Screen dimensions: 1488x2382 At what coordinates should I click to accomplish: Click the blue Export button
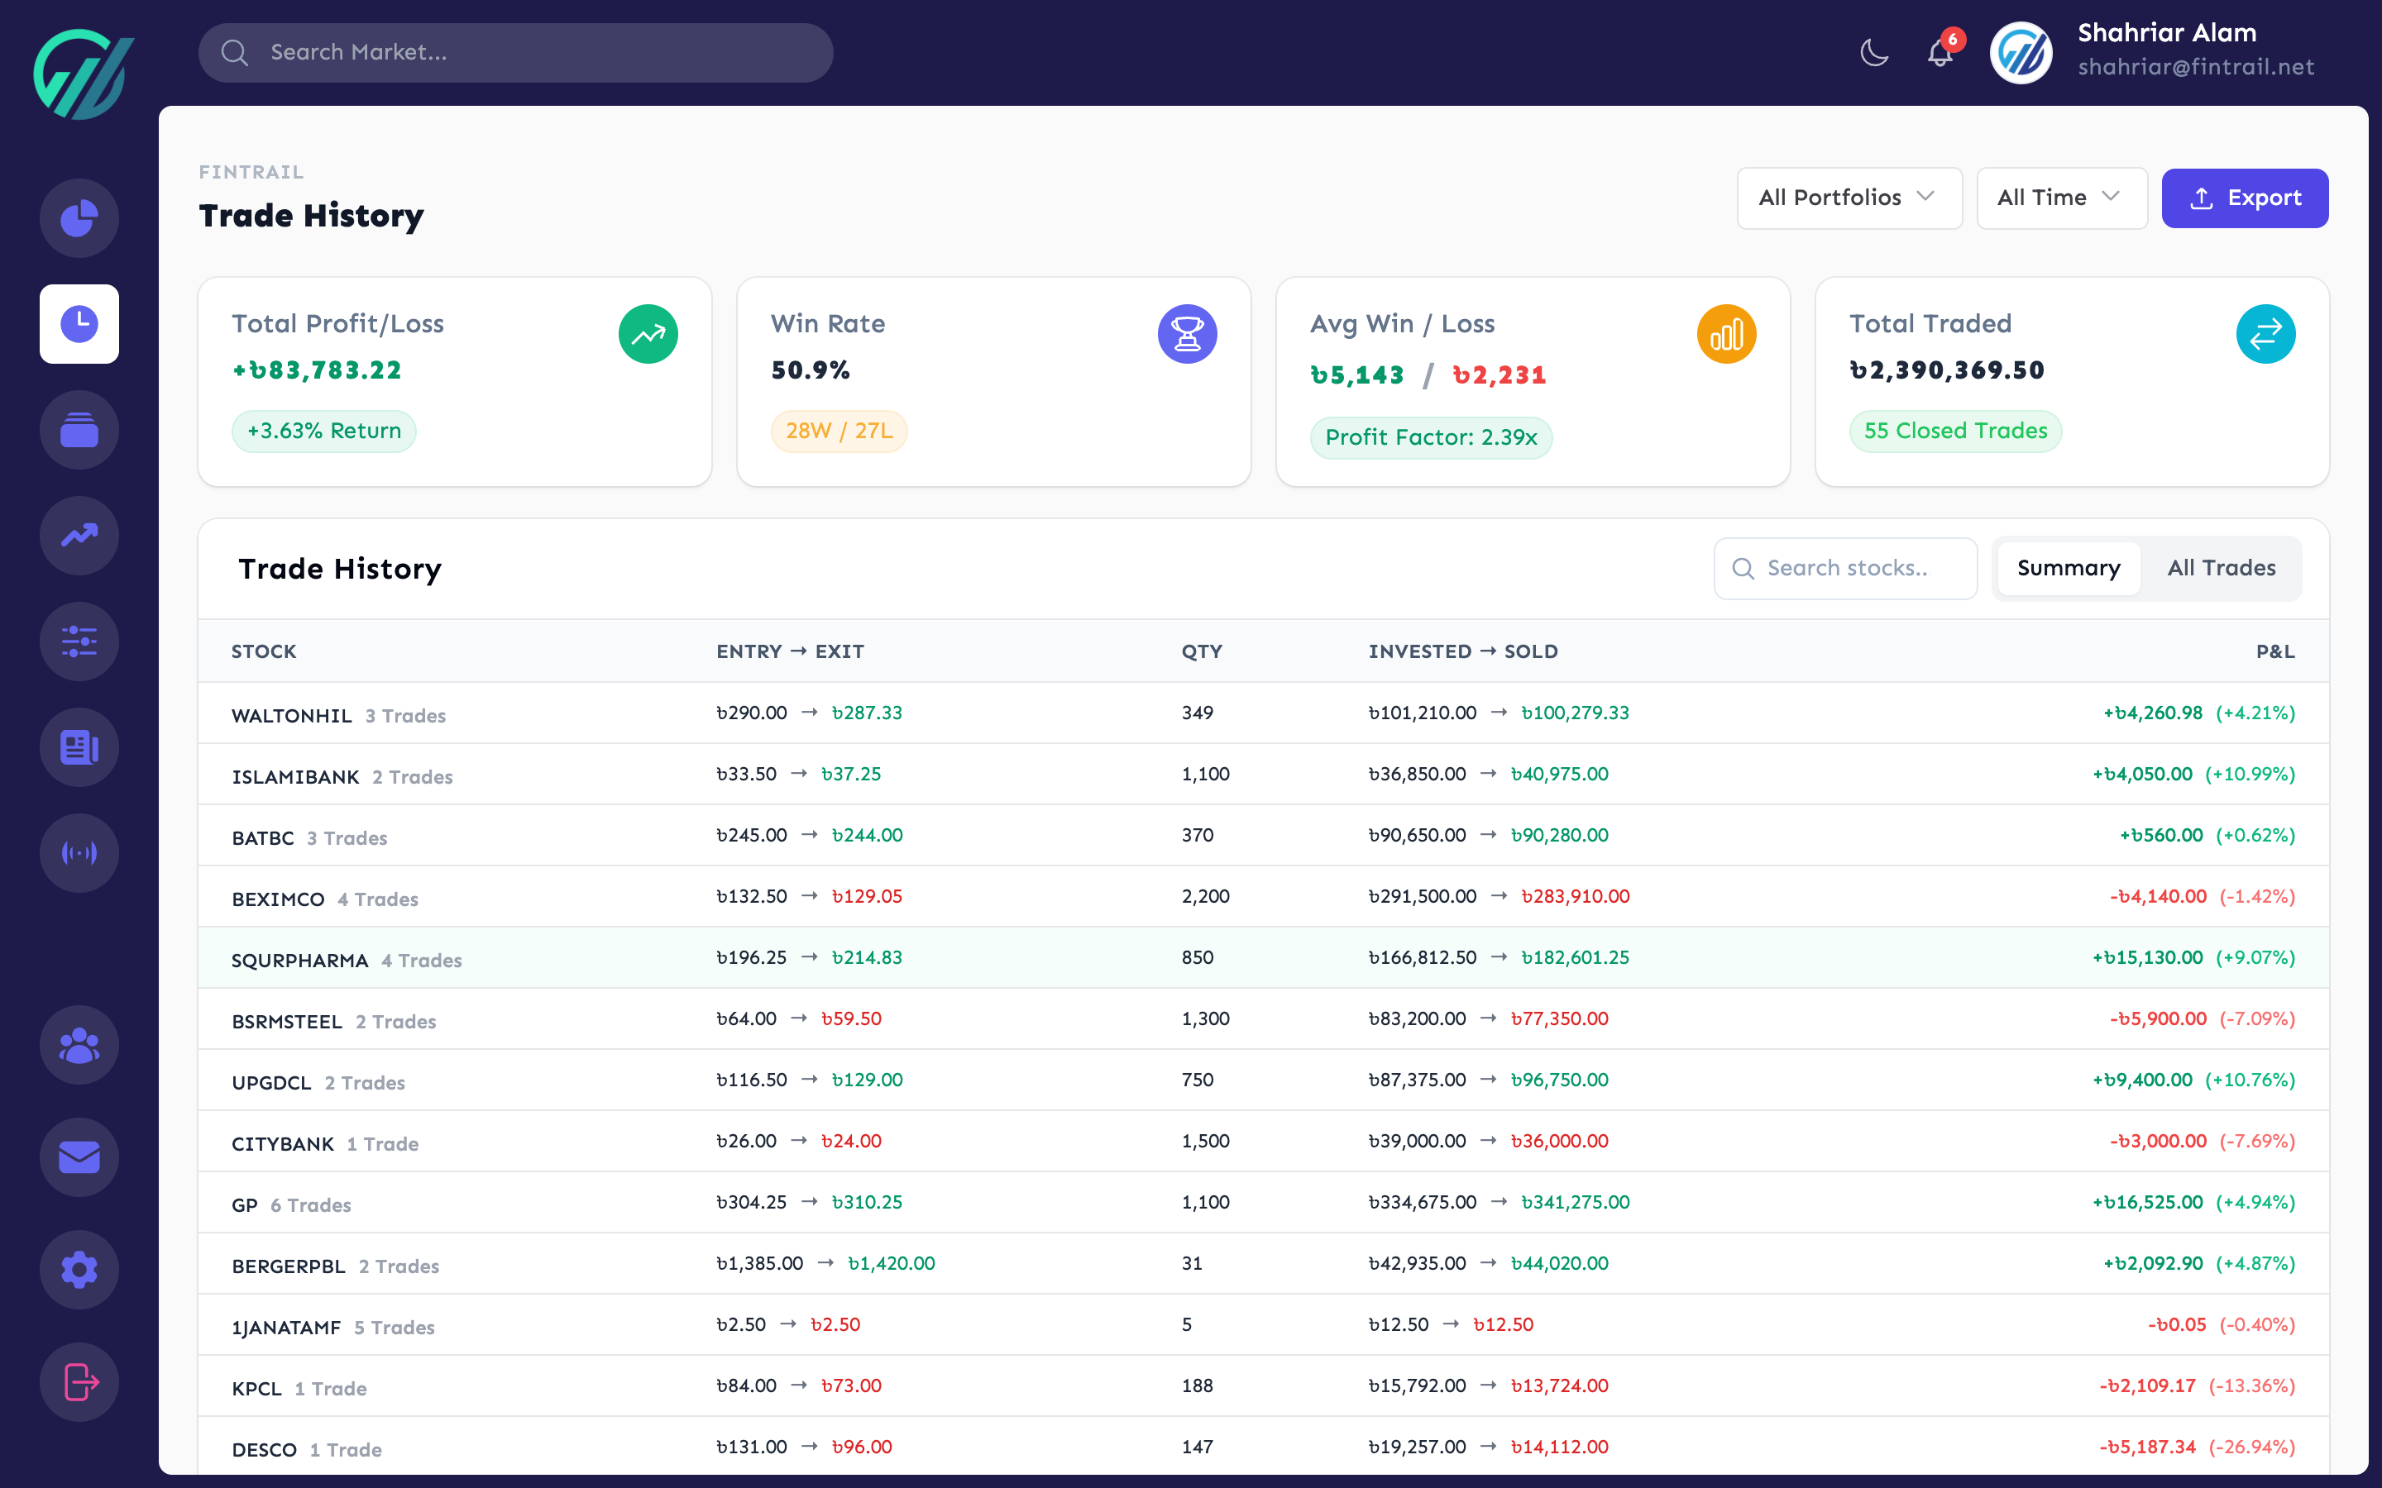2244,198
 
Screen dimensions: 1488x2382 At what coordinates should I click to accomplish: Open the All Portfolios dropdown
1848,198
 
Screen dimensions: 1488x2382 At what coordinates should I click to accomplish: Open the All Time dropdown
2060,198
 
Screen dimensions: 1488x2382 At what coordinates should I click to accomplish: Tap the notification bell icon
1939,53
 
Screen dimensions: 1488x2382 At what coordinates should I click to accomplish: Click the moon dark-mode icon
1874,52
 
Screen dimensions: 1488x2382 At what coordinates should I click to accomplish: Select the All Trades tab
2221,568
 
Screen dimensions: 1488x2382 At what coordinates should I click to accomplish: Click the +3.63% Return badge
324,431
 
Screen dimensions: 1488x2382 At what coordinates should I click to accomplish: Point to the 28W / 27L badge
839,431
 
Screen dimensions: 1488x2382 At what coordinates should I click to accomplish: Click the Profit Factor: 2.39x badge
1430,437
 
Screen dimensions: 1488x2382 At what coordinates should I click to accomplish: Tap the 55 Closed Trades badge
1955,431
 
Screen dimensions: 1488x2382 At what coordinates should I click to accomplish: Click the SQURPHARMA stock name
299,961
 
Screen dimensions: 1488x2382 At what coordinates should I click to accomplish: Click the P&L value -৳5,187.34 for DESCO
2147,1447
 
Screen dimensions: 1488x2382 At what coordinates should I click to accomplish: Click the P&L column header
2274,651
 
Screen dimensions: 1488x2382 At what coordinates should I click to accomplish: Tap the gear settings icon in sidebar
79,1270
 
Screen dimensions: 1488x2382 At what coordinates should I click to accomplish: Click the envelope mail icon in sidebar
79,1157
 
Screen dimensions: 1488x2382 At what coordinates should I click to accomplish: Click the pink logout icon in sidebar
79,1381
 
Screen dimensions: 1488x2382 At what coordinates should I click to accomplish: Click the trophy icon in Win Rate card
1187,335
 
